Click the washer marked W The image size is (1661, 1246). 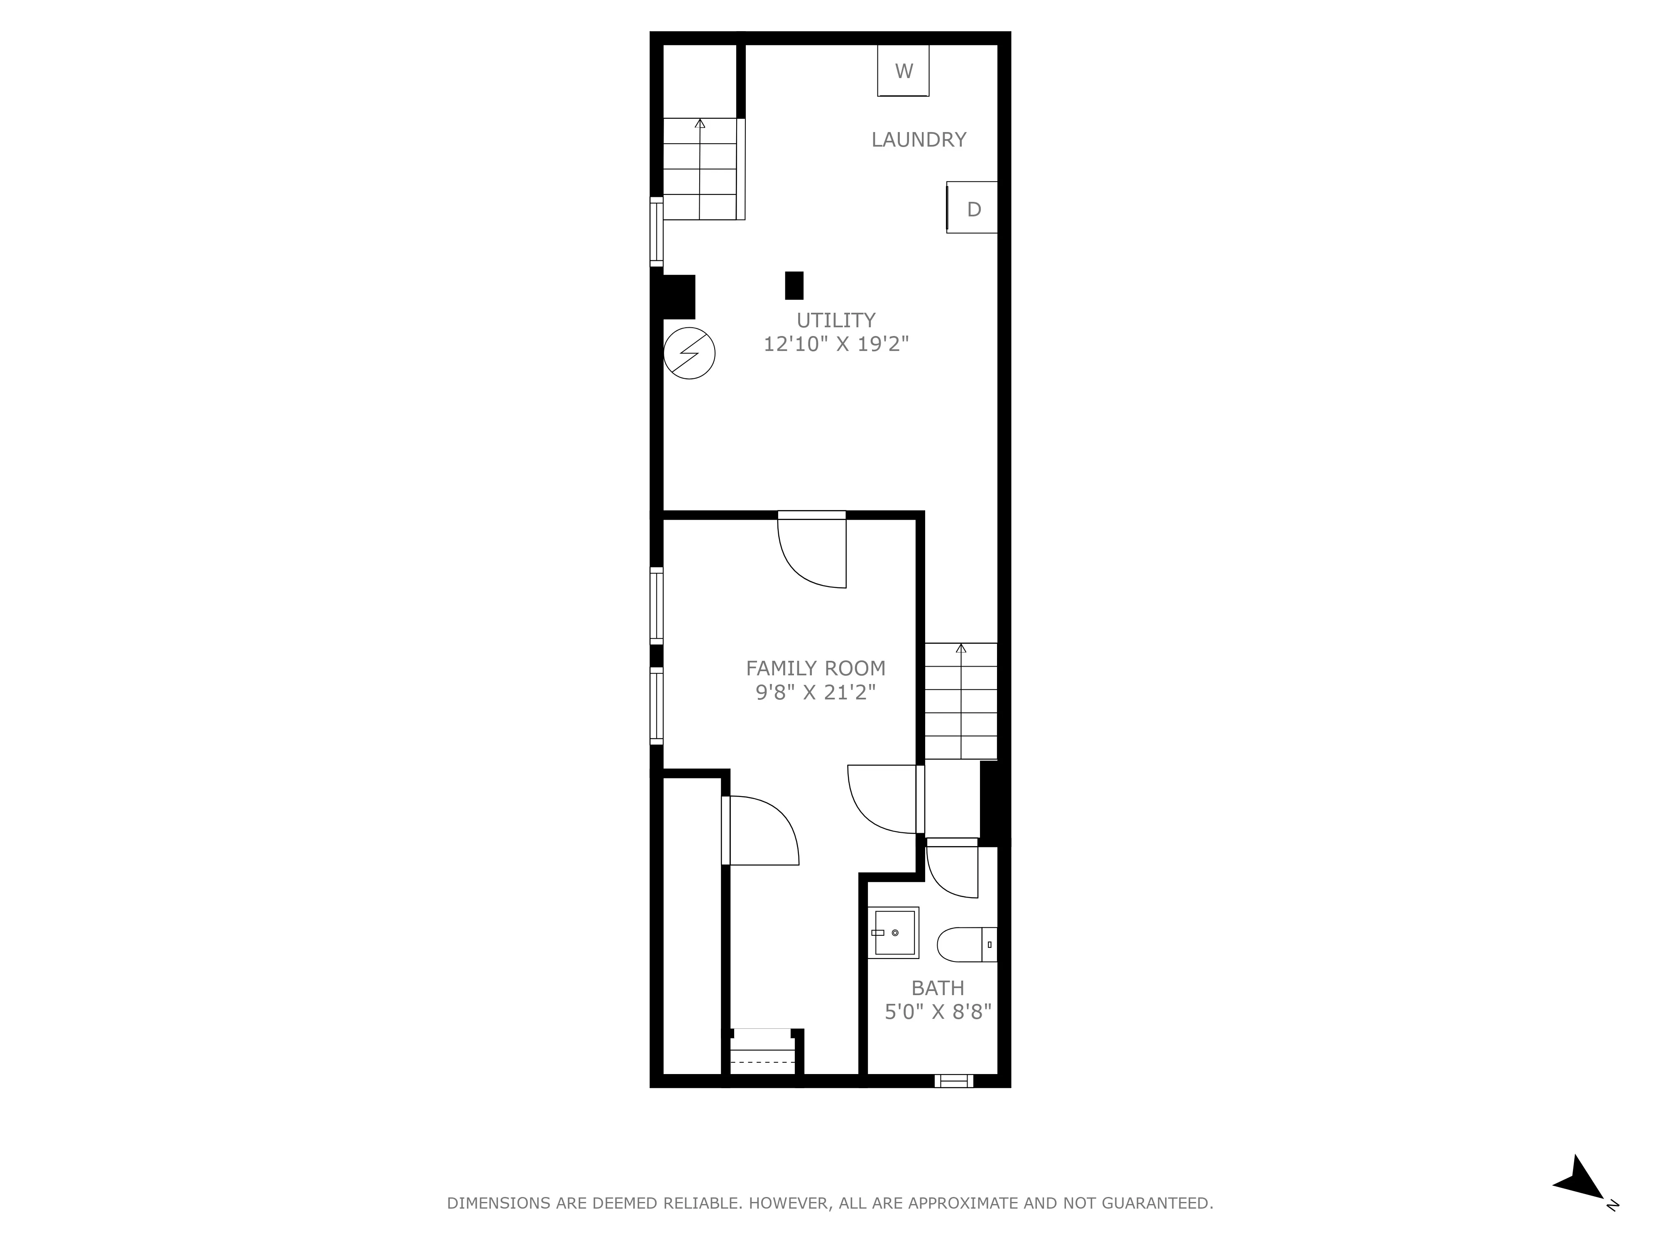903,71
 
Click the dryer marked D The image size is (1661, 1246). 973,208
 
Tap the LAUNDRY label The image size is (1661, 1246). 919,140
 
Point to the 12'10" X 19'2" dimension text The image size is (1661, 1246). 836,344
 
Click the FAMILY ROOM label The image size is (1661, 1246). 816,668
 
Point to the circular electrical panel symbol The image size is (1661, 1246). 689,353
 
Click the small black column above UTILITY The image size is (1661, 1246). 794,285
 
